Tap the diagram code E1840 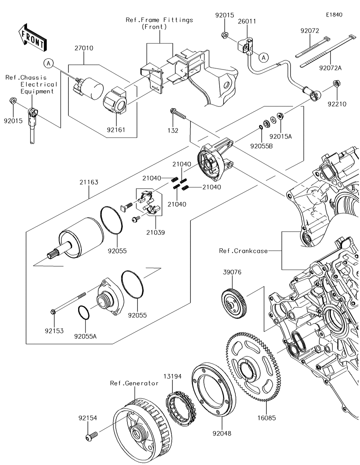(x=334, y=15)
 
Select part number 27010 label (x=84, y=48)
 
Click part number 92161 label (x=116, y=129)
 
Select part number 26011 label (x=247, y=21)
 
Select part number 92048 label (x=222, y=434)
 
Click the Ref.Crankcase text (x=243, y=250)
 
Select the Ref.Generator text (x=134, y=383)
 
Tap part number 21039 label (x=156, y=232)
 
